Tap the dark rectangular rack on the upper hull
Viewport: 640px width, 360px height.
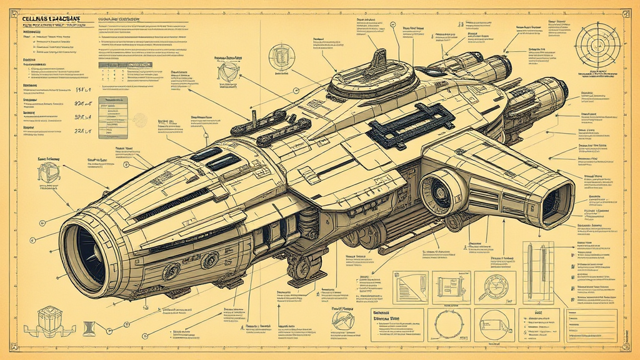[410, 124]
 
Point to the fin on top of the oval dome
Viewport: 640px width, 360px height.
[379, 61]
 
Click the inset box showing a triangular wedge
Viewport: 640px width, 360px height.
[409, 288]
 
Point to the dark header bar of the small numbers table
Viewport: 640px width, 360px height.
[125, 65]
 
